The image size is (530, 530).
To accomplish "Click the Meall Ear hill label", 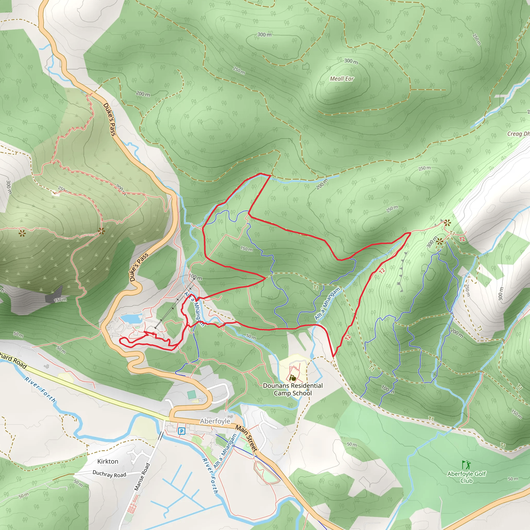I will point(342,79).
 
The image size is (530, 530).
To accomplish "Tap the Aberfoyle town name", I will point(215,421).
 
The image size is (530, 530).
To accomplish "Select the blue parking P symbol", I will point(181,431).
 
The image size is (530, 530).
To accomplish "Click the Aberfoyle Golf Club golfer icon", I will point(466,465).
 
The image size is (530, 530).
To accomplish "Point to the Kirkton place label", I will point(108,461).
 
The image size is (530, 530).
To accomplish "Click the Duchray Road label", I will point(109,474).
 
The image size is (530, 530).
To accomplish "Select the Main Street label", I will point(247,438).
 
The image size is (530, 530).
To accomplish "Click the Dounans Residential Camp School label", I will point(293,389).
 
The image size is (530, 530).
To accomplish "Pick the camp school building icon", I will point(293,378).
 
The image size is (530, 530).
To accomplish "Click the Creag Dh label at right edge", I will point(518,134).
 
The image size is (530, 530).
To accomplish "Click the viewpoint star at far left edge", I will point(22,233).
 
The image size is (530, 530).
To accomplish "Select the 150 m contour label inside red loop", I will point(246,249).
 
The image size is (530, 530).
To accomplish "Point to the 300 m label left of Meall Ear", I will point(264,35).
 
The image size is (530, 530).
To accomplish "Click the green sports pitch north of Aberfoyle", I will point(192,395).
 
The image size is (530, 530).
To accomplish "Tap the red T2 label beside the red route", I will point(382,271).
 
